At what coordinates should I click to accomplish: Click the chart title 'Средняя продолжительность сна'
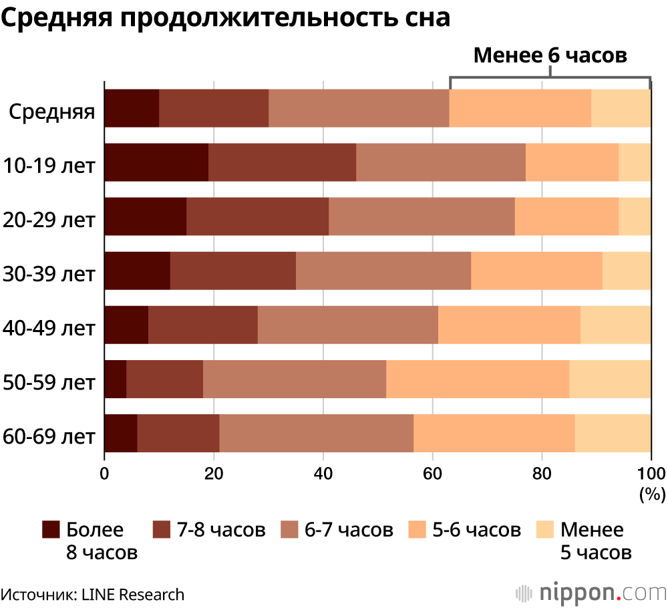[226, 19]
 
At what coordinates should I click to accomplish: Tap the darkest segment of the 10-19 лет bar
[156, 162]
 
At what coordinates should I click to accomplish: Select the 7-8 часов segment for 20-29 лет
[257, 216]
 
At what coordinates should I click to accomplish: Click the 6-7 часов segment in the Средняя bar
[359, 108]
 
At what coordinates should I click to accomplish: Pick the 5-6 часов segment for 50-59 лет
[478, 379]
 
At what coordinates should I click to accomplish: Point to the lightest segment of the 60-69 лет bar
[613, 433]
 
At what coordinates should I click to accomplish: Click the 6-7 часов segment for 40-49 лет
[347, 325]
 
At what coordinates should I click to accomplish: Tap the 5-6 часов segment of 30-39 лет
[536, 271]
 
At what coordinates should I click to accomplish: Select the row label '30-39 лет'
[49, 273]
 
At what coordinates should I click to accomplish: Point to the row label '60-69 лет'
[49, 436]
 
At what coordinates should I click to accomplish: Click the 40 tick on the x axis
[323, 474]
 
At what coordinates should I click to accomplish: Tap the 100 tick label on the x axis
[651, 474]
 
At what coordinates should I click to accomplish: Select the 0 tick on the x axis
[104, 474]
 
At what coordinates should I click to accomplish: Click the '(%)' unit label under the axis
[652, 494]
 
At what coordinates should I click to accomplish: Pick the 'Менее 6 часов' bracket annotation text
[550, 55]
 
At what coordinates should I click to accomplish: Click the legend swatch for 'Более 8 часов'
[51, 530]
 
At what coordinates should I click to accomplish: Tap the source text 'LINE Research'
[133, 594]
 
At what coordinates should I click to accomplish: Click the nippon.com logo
[592, 593]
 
